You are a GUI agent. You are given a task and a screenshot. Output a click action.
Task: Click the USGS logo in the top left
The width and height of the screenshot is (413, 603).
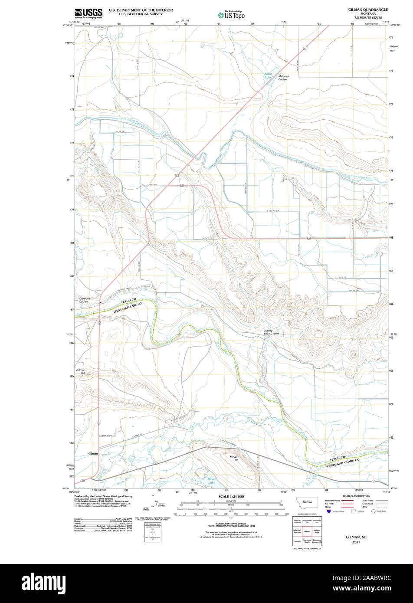tap(88, 13)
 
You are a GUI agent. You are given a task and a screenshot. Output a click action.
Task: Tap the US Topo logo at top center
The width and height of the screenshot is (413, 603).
tap(231, 15)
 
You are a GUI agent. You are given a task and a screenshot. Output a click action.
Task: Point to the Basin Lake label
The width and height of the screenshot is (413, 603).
tap(269, 75)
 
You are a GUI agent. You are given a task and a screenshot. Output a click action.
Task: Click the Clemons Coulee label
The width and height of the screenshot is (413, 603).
tap(84, 300)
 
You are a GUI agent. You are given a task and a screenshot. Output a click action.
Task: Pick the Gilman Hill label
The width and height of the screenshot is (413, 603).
tap(81, 371)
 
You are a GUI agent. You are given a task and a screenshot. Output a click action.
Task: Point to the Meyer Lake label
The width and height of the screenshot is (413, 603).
tap(211, 481)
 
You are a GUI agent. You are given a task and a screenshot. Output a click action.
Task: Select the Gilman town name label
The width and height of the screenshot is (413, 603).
tap(93, 453)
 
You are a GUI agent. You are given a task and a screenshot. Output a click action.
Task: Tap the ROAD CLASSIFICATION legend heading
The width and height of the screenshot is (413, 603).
tap(356, 496)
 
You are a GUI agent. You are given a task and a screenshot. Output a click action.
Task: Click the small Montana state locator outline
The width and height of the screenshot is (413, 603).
tap(307, 502)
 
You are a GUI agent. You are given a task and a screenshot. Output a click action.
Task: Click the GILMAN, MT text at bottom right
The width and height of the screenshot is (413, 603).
tap(356, 537)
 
